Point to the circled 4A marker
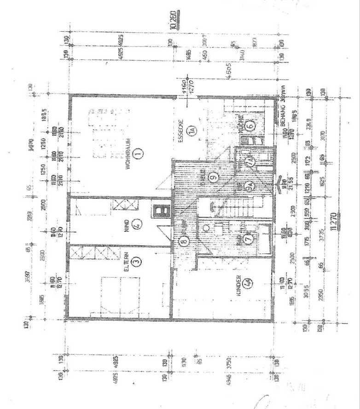pyautogui.click(x=249, y=283)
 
